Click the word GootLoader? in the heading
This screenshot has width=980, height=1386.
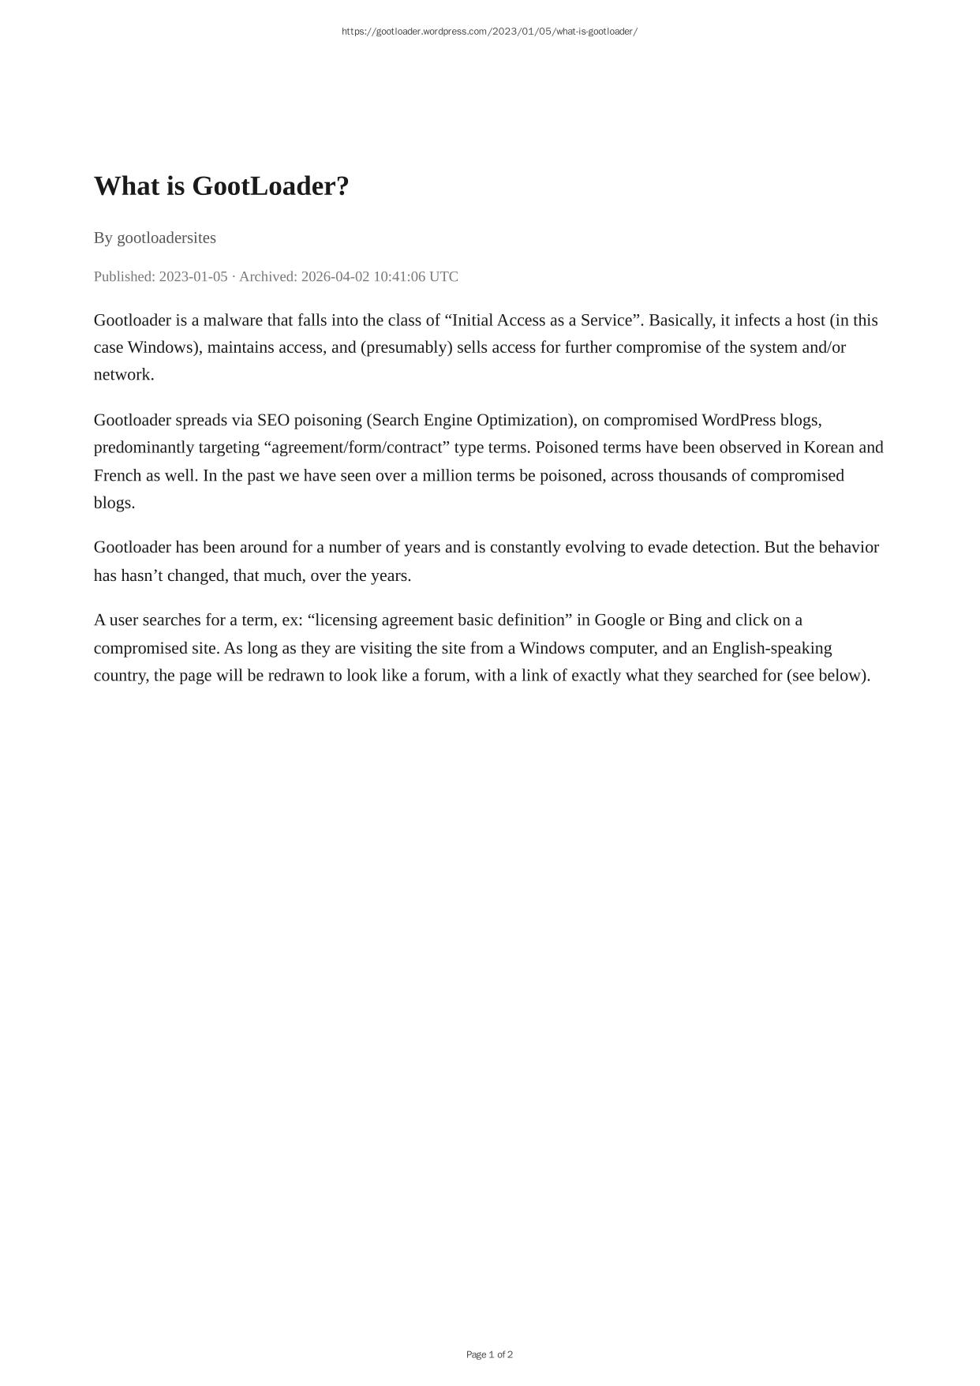pyautogui.click(x=270, y=186)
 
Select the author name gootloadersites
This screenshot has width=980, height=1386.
pyautogui.click(x=166, y=238)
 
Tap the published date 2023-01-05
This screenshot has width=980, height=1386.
pyautogui.click(x=193, y=276)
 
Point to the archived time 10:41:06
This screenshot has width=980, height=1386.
pyautogui.click(x=399, y=276)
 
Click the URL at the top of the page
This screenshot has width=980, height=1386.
pyautogui.click(x=489, y=32)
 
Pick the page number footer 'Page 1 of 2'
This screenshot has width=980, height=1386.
pyautogui.click(x=489, y=1354)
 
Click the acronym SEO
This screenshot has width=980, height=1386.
pyautogui.click(x=273, y=420)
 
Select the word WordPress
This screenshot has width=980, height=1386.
pyautogui.click(x=739, y=420)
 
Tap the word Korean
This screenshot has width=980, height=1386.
pyautogui.click(x=829, y=448)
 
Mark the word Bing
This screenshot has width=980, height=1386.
pyautogui.click(x=684, y=620)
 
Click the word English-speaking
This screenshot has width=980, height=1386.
pyautogui.click(x=772, y=648)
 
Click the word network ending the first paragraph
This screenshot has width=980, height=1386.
pyautogui.click(x=122, y=375)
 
